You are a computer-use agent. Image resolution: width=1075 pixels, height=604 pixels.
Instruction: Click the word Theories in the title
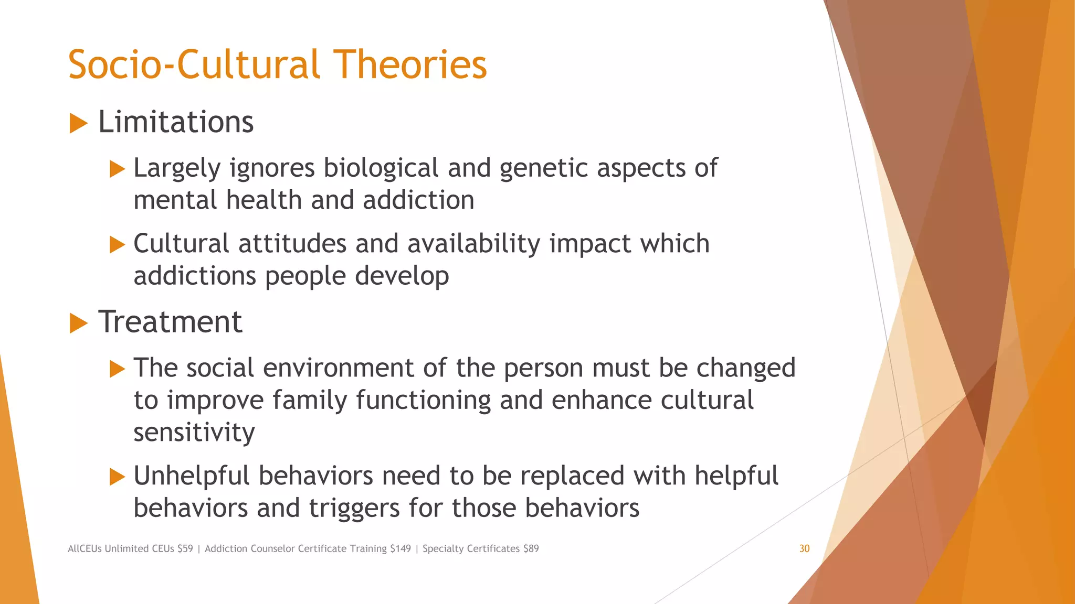(410, 65)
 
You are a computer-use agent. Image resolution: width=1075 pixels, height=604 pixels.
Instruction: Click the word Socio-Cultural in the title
(194, 65)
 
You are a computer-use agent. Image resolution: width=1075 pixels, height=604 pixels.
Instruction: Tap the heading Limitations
(176, 122)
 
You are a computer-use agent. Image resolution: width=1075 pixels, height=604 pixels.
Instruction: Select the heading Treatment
(170, 321)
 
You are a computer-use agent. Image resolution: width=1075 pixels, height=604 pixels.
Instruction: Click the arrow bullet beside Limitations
(78, 124)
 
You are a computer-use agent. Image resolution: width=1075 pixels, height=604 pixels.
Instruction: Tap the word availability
(473, 244)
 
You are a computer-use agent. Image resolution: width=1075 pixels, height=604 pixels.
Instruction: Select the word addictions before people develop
(194, 276)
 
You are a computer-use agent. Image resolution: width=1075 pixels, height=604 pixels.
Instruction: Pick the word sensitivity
(194, 433)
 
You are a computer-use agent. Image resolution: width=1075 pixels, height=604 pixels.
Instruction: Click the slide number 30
(804, 548)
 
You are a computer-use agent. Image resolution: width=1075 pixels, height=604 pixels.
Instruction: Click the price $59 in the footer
(185, 548)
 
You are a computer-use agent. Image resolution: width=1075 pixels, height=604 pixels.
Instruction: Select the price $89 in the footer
(531, 548)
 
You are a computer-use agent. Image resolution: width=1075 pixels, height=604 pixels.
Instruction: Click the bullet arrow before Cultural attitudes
(117, 245)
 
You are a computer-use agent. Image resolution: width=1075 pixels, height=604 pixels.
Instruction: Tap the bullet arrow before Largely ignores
(117, 169)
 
